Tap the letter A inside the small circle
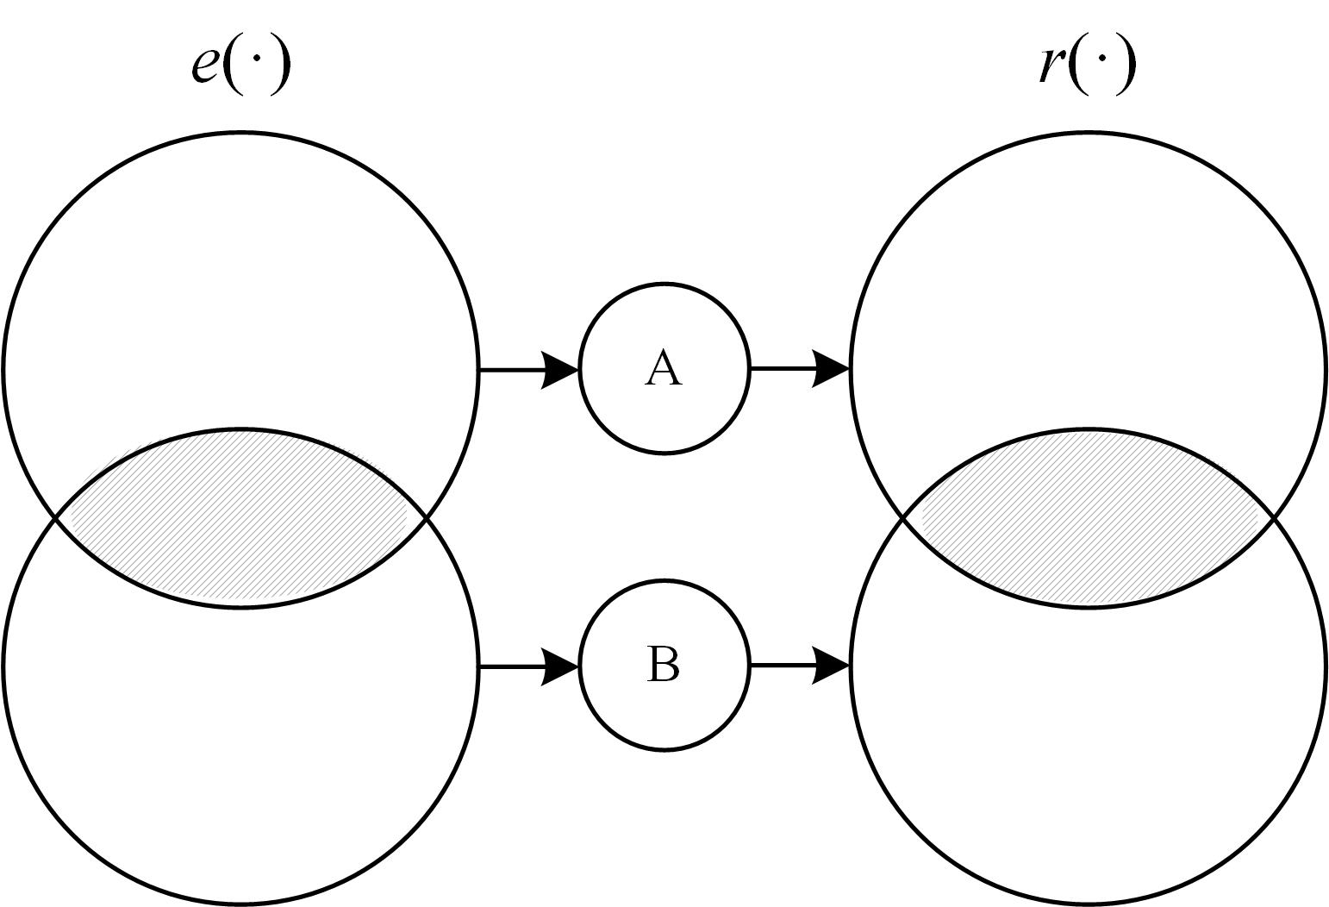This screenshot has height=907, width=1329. [663, 368]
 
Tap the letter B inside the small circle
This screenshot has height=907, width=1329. [663, 665]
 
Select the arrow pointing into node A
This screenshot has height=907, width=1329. [527, 370]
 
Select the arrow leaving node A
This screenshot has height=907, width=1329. [799, 369]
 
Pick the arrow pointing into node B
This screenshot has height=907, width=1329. [527, 666]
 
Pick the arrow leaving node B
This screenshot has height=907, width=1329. [799, 665]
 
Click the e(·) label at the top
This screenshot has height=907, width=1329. [240, 66]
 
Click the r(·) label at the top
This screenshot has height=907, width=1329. [1087, 66]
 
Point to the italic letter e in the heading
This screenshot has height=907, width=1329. [204, 67]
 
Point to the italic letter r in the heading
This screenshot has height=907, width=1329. [1051, 66]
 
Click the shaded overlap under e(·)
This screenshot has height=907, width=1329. [240, 517]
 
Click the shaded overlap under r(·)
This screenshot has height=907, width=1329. [1088, 517]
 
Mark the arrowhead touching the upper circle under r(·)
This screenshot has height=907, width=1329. [832, 369]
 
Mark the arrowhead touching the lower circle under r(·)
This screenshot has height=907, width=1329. [832, 665]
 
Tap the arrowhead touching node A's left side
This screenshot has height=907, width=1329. [560, 370]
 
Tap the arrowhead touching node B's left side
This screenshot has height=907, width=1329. [560, 666]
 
